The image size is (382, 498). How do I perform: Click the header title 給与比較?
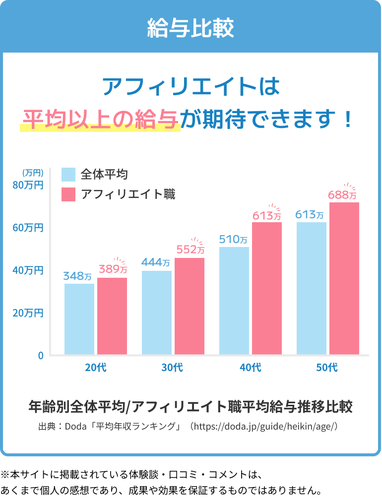click(191, 28)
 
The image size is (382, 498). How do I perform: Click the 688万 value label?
click(342, 195)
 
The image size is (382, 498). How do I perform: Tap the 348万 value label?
click(77, 276)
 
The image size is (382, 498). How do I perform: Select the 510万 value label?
click(233, 240)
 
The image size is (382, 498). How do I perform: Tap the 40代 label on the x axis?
click(250, 368)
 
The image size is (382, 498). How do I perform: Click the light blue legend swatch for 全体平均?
click(68, 175)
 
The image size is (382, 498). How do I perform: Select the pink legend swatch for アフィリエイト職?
click(68, 194)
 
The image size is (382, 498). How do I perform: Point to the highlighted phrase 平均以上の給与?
click(100, 119)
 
